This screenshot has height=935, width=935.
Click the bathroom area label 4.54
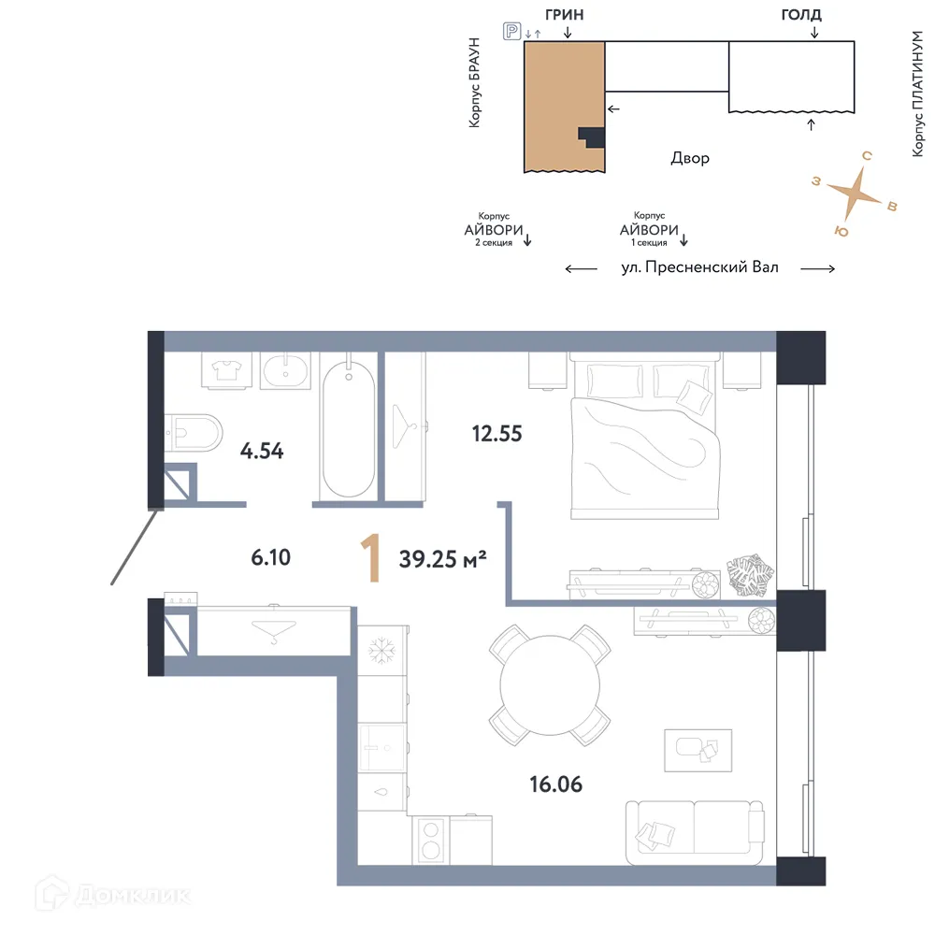[x=262, y=452]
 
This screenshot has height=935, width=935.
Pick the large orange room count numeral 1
[x=371, y=559]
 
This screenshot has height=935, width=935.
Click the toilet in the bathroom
[x=194, y=431]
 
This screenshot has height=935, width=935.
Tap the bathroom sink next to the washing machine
[x=285, y=372]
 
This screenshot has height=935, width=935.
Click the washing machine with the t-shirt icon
[x=225, y=371]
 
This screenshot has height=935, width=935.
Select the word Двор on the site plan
[x=690, y=158]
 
